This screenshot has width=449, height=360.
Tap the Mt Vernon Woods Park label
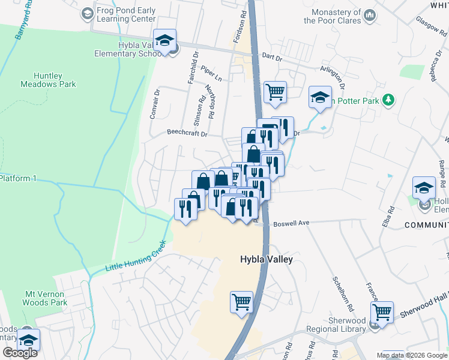coord(46,298)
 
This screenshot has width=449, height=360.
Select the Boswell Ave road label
coord(291,223)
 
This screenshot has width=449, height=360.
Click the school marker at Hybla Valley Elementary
coord(164,40)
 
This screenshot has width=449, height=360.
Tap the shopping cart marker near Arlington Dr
coord(275,92)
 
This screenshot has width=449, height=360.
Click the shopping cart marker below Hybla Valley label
coord(241,302)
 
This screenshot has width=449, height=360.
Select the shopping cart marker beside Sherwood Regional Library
coord(382,311)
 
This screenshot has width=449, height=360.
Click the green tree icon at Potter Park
coord(389,100)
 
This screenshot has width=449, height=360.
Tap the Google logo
coord(20,353)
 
